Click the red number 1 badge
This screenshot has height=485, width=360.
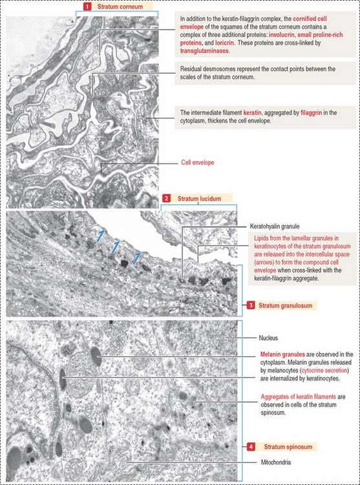pyautogui.click(x=87, y=6)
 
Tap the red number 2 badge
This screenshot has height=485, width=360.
pyautogui.click(x=167, y=199)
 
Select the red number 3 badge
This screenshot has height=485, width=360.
pyautogui.click(x=251, y=306)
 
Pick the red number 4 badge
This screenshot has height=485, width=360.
pyautogui.click(x=251, y=447)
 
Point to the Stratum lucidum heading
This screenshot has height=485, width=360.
pyautogui.click(x=199, y=199)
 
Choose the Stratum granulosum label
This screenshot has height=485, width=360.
pyautogui.click(x=286, y=306)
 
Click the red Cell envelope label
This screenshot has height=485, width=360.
pyautogui.click(x=198, y=163)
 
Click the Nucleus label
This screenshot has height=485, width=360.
pyautogui.click(x=268, y=338)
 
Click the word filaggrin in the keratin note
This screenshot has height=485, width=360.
pyautogui.click(x=311, y=113)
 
